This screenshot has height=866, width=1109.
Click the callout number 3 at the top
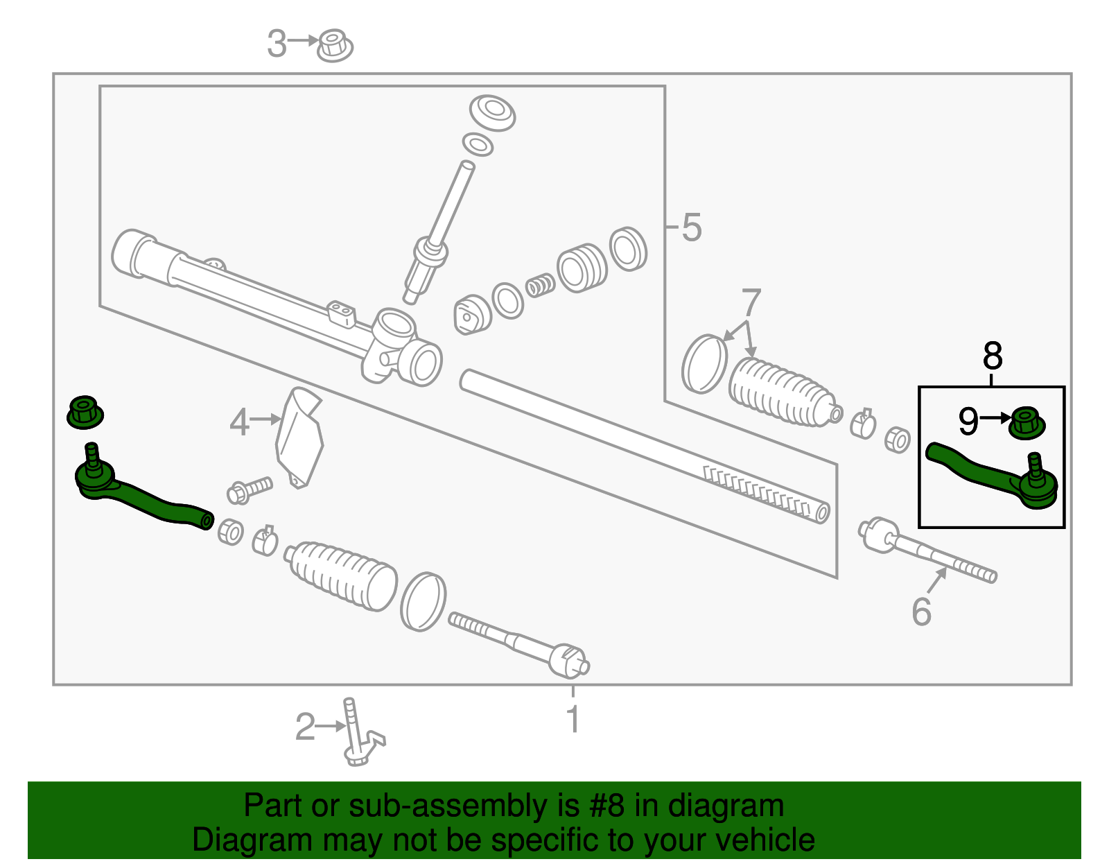click(x=277, y=44)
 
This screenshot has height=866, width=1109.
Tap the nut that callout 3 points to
click(x=335, y=45)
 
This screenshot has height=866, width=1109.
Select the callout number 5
click(x=691, y=227)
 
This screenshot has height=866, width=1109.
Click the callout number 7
click(x=751, y=303)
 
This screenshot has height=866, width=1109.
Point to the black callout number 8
click(x=993, y=356)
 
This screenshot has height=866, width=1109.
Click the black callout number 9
click(x=968, y=421)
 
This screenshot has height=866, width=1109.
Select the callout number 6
click(x=921, y=612)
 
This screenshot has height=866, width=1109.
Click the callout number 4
click(x=239, y=422)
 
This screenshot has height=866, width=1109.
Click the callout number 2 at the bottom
click(x=305, y=727)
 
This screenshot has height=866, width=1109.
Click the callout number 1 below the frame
click(x=573, y=720)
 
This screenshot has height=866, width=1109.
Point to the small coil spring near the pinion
click(x=540, y=284)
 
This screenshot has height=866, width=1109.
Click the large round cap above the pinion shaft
click(x=492, y=112)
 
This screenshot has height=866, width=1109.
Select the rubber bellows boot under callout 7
click(x=780, y=392)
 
